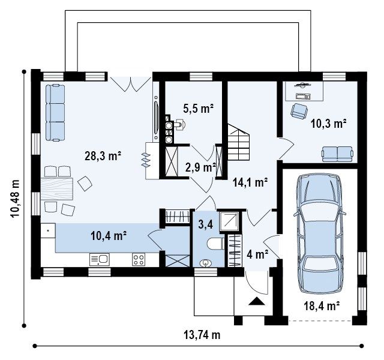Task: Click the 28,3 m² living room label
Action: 103,156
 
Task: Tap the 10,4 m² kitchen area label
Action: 109,236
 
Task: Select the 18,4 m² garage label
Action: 322,305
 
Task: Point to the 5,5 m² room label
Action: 199,108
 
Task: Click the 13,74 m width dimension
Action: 202,335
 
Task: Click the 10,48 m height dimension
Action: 15,198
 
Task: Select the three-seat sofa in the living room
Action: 55,113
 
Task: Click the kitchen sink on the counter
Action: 100,260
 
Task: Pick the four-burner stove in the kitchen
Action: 139,260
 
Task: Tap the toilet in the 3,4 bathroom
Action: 215,244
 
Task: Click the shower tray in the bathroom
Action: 229,221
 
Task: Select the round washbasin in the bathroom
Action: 205,263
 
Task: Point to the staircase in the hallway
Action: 239,142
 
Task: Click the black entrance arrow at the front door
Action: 257,301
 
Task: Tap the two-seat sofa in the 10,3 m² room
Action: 337,154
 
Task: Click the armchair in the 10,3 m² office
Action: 299,110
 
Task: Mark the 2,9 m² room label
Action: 200,167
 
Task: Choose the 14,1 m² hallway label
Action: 250,182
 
